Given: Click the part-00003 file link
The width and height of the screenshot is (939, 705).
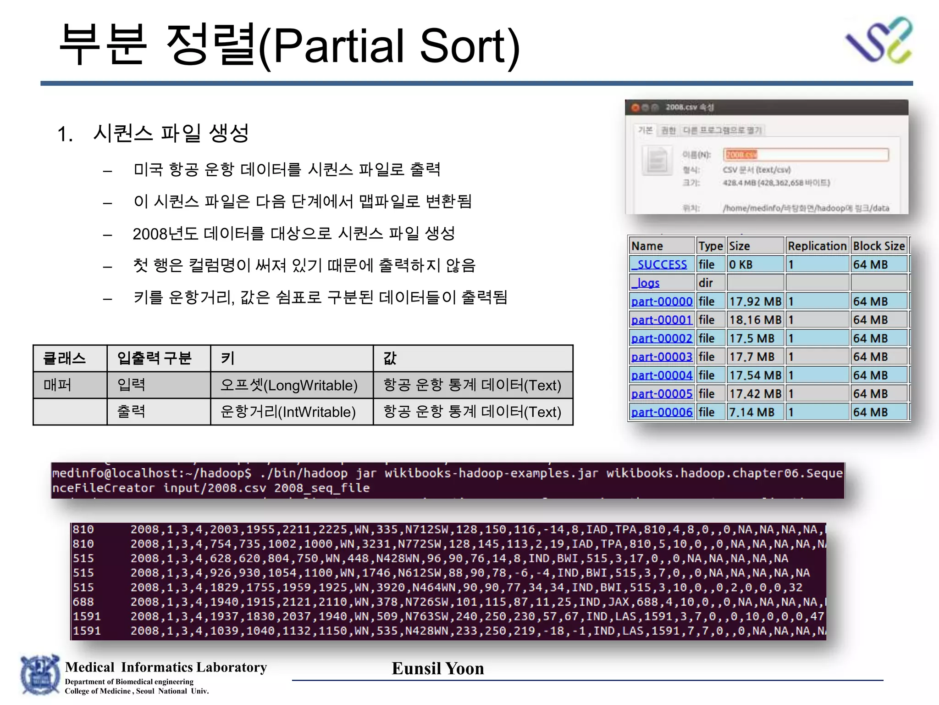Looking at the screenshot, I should (x=662, y=357).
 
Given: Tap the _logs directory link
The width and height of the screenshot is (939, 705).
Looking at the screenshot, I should (x=646, y=283).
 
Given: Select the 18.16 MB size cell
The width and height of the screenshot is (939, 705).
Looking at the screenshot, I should (x=755, y=320).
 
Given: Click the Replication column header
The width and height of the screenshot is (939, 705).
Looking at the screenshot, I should (x=817, y=246).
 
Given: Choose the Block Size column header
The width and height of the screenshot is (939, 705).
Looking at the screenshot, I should (x=879, y=246).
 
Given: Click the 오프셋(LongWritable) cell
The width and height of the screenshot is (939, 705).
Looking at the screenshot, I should (x=289, y=385).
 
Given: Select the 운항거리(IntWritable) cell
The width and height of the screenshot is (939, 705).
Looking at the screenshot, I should (x=288, y=412).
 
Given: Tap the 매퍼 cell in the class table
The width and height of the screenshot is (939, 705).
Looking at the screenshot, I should (x=58, y=385).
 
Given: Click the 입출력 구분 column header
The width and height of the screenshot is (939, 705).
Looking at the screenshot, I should (x=154, y=358).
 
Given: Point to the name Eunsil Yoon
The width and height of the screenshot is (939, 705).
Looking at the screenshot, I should (x=438, y=668).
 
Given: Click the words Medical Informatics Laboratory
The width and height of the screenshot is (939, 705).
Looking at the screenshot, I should (x=166, y=667).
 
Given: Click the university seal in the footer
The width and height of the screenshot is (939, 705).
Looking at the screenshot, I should (x=40, y=675).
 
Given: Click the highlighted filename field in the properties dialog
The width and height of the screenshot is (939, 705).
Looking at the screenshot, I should (x=805, y=155).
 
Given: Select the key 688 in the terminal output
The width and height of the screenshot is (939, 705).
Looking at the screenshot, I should (x=83, y=602).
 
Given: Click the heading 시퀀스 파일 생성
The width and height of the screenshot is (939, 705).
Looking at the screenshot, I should (x=171, y=133).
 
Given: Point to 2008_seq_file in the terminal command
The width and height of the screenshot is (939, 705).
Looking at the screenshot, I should (x=322, y=488).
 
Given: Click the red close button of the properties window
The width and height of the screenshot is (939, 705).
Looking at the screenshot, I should (x=635, y=108).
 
